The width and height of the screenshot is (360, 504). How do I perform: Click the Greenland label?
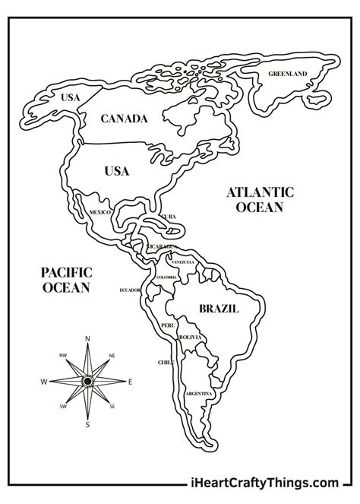point(287,74)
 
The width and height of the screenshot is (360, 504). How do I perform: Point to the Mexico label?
point(100,211)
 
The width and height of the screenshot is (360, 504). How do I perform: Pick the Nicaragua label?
point(163,248)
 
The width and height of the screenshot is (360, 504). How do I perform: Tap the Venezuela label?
point(183,262)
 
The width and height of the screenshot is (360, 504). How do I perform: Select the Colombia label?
point(166,277)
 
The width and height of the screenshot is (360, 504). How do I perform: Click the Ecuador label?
point(131,290)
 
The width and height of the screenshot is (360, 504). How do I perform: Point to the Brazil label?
point(219,309)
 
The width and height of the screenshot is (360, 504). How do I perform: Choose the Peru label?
point(168,325)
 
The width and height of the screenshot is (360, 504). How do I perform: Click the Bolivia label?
point(189,337)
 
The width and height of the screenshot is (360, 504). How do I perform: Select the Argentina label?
point(198,394)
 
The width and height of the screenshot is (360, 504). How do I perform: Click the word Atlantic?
point(260,192)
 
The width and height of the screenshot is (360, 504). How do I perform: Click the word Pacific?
point(67,272)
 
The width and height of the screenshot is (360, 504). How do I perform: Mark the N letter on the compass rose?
point(87,338)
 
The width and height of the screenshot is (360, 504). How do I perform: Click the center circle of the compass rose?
point(87,380)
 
